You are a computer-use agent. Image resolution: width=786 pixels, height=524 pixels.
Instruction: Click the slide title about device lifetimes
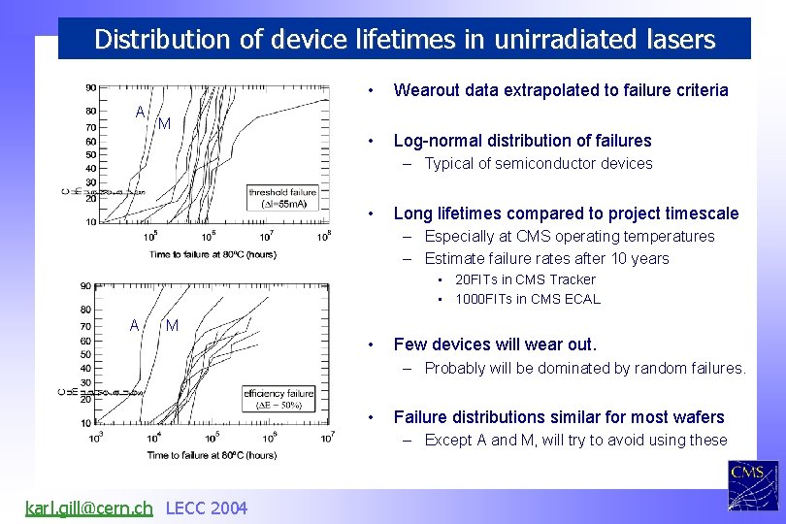pyautogui.click(x=405, y=40)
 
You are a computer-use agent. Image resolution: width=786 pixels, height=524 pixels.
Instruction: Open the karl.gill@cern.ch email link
pyautogui.click(x=88, y=508)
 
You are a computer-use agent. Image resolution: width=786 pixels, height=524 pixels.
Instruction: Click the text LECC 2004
pyautogui.click(x=207, y=508)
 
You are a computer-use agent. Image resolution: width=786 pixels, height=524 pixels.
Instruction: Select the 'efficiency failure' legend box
pyautogui.click(x=279, y=399)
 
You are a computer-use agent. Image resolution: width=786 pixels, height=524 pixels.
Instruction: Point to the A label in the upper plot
pyautogui.click(x=141, y=113)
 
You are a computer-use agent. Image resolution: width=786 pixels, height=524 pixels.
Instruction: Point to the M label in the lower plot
pyautogui.click(x=172, y=325)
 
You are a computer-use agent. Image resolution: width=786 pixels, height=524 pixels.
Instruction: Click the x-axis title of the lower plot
pyautogui.click(x=213, y=454)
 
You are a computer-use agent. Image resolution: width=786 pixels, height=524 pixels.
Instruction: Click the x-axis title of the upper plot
pyautogui.click(x=213, y=254)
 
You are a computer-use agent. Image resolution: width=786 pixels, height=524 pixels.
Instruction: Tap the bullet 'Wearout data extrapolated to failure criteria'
pyautogui.click(x=560, y=90)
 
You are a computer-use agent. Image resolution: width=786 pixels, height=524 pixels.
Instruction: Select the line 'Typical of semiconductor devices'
pyautogui.click(x=538, y=164)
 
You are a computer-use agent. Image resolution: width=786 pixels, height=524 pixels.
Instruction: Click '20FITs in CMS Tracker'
pyautogui.click(x=525, y=279)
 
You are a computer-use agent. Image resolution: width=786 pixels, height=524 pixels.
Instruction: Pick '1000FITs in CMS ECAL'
pyautogui.click(x=527, y=299)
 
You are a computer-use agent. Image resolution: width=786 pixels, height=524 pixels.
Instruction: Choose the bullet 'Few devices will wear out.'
pyautogui.click(x=495, y=344)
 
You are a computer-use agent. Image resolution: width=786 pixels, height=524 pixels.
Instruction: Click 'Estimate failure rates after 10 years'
pyautogui.click(x=546, y=258)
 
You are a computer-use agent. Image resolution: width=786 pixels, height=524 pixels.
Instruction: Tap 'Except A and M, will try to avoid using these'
pyautogui.click(x=575, y=441)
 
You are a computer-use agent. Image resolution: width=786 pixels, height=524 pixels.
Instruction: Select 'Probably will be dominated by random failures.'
pyautogui.click(x=584, y=368)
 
